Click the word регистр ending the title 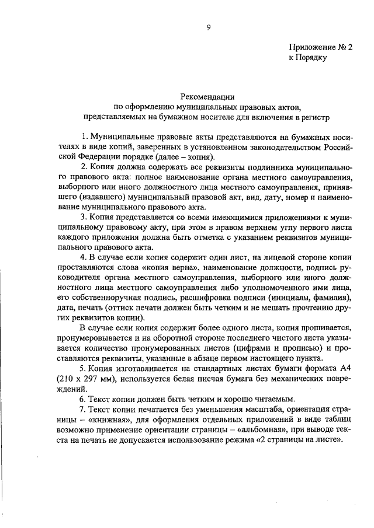(x=316, y=117)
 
